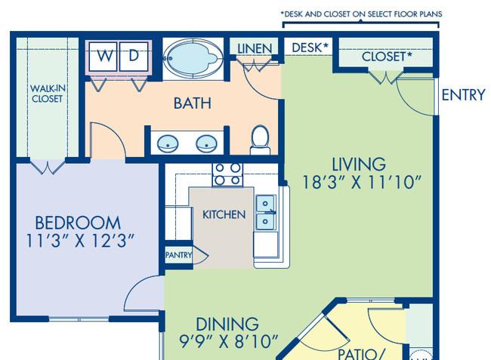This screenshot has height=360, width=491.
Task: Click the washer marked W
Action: (103, 57)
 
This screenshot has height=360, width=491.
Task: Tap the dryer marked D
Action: (134, 57)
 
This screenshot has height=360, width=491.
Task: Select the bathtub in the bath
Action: (193, 58)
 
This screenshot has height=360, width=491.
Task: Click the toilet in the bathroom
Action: (260, 140)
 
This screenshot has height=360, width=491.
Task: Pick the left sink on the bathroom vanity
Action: (168, 144)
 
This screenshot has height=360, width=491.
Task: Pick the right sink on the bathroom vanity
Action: (207, 144)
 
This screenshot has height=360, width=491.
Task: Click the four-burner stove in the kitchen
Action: (227, 174)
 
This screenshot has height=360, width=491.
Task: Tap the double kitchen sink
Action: (266, 213)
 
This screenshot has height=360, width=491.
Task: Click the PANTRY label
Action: (178, 255)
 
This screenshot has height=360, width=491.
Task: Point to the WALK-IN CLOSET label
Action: (48, 94)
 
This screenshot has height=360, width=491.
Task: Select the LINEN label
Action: (255, 49)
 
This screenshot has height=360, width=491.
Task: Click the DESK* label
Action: (310, 48)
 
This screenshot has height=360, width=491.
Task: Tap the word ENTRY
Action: (464, 95)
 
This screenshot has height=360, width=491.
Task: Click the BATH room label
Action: (193, 103)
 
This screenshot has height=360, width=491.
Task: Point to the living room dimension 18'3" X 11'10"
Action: (362, 182)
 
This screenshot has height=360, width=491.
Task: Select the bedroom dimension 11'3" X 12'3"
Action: (80, 241)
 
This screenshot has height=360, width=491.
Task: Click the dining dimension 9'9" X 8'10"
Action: (229, 341)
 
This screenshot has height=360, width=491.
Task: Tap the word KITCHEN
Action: (224, 214)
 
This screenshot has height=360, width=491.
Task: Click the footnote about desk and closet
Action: (361, 14)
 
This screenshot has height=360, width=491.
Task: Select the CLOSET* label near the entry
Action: (387, 57)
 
